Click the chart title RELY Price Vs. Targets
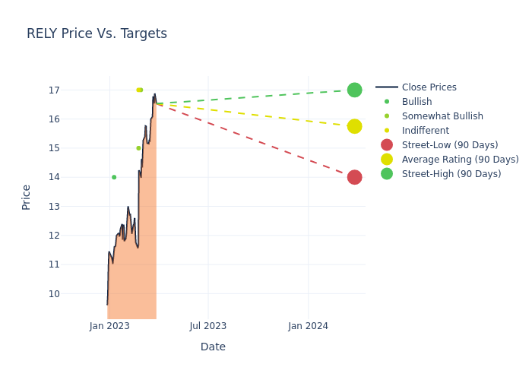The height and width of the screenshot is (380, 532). point(97,33)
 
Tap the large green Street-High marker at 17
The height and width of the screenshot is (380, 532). point(354,90)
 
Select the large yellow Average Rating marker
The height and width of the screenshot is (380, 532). point(354,126)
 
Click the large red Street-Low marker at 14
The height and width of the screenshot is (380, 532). point(354,177)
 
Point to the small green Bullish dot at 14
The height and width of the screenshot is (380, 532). point(114,177)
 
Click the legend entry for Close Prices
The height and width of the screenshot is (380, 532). point(429,87)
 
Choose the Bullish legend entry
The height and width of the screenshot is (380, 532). point(416,102)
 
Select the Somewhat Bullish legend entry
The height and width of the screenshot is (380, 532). point(442,116)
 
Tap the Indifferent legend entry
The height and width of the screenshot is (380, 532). point(425,131)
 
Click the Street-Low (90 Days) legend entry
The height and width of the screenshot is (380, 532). point(449,145)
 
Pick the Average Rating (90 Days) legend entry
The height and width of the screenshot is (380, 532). point(460,160)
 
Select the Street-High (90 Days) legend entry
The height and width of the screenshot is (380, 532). point(451,174)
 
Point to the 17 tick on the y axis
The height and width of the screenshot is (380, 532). point(75,90)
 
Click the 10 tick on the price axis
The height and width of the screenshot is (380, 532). point(75,293)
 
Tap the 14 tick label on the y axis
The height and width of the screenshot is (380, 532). point(75,177)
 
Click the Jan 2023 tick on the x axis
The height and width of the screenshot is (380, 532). point(109,326)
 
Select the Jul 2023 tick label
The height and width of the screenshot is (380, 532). point(208,326)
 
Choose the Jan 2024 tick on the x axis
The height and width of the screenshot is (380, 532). point(308,326)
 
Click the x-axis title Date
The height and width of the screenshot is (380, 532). point(213,347)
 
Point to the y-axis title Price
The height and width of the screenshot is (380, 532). point(27,197)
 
